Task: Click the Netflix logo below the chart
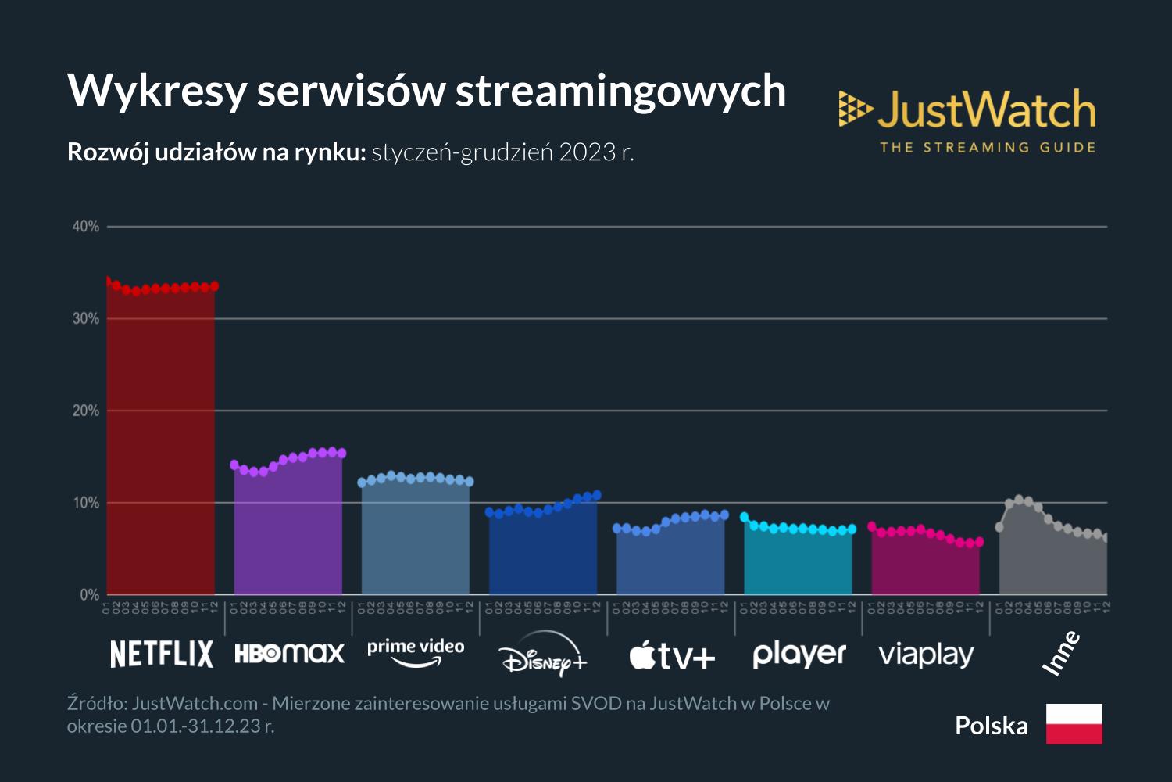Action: (161, 654)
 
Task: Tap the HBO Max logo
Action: (289, 653)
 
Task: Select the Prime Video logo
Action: (416, 652)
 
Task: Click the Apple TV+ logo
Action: (672, 655)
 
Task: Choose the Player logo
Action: (799, 654)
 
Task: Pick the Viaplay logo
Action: (926, 655)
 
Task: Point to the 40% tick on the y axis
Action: (86, 227)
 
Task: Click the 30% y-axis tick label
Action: (86, 319)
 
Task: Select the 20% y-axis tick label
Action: (86, 411)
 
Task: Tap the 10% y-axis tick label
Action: (86, 503)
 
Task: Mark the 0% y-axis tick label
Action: (89, 595)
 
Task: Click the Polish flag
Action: (1074, 723)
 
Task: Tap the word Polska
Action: (991, 726)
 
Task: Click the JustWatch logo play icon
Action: (855, 109)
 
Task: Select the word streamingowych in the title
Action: (620, 91)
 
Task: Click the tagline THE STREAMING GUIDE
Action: (988, 147)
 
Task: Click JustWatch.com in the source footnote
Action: (195, 703)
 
